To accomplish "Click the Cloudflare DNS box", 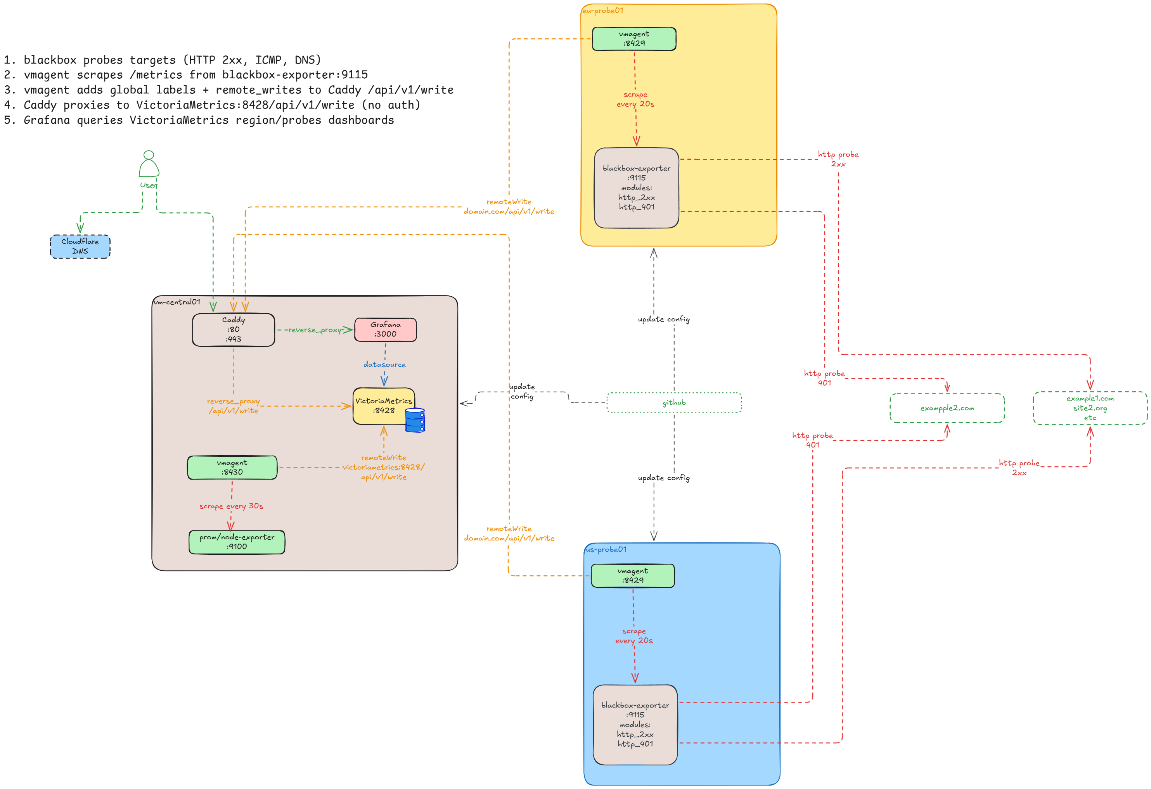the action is point(80,247).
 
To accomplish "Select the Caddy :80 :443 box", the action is point(233,330).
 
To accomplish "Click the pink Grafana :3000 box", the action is point(385,330).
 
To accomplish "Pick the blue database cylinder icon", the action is point(415,420).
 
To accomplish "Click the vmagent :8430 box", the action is point(232,467).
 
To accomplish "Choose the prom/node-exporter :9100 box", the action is point(237,542).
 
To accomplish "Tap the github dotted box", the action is point(674,403).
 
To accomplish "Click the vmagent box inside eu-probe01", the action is point(634,39).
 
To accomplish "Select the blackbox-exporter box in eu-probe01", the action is point(637,188).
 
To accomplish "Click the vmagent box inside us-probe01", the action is point(632,576).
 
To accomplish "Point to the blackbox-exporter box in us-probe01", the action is point(635,725).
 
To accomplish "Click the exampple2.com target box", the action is point(947,408).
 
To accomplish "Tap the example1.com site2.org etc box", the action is point(1090,408).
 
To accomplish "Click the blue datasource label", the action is point(384,365).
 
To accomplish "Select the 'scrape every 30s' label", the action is point(231,506).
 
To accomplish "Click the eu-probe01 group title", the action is point(603,10).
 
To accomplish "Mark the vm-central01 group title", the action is point(177,302).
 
